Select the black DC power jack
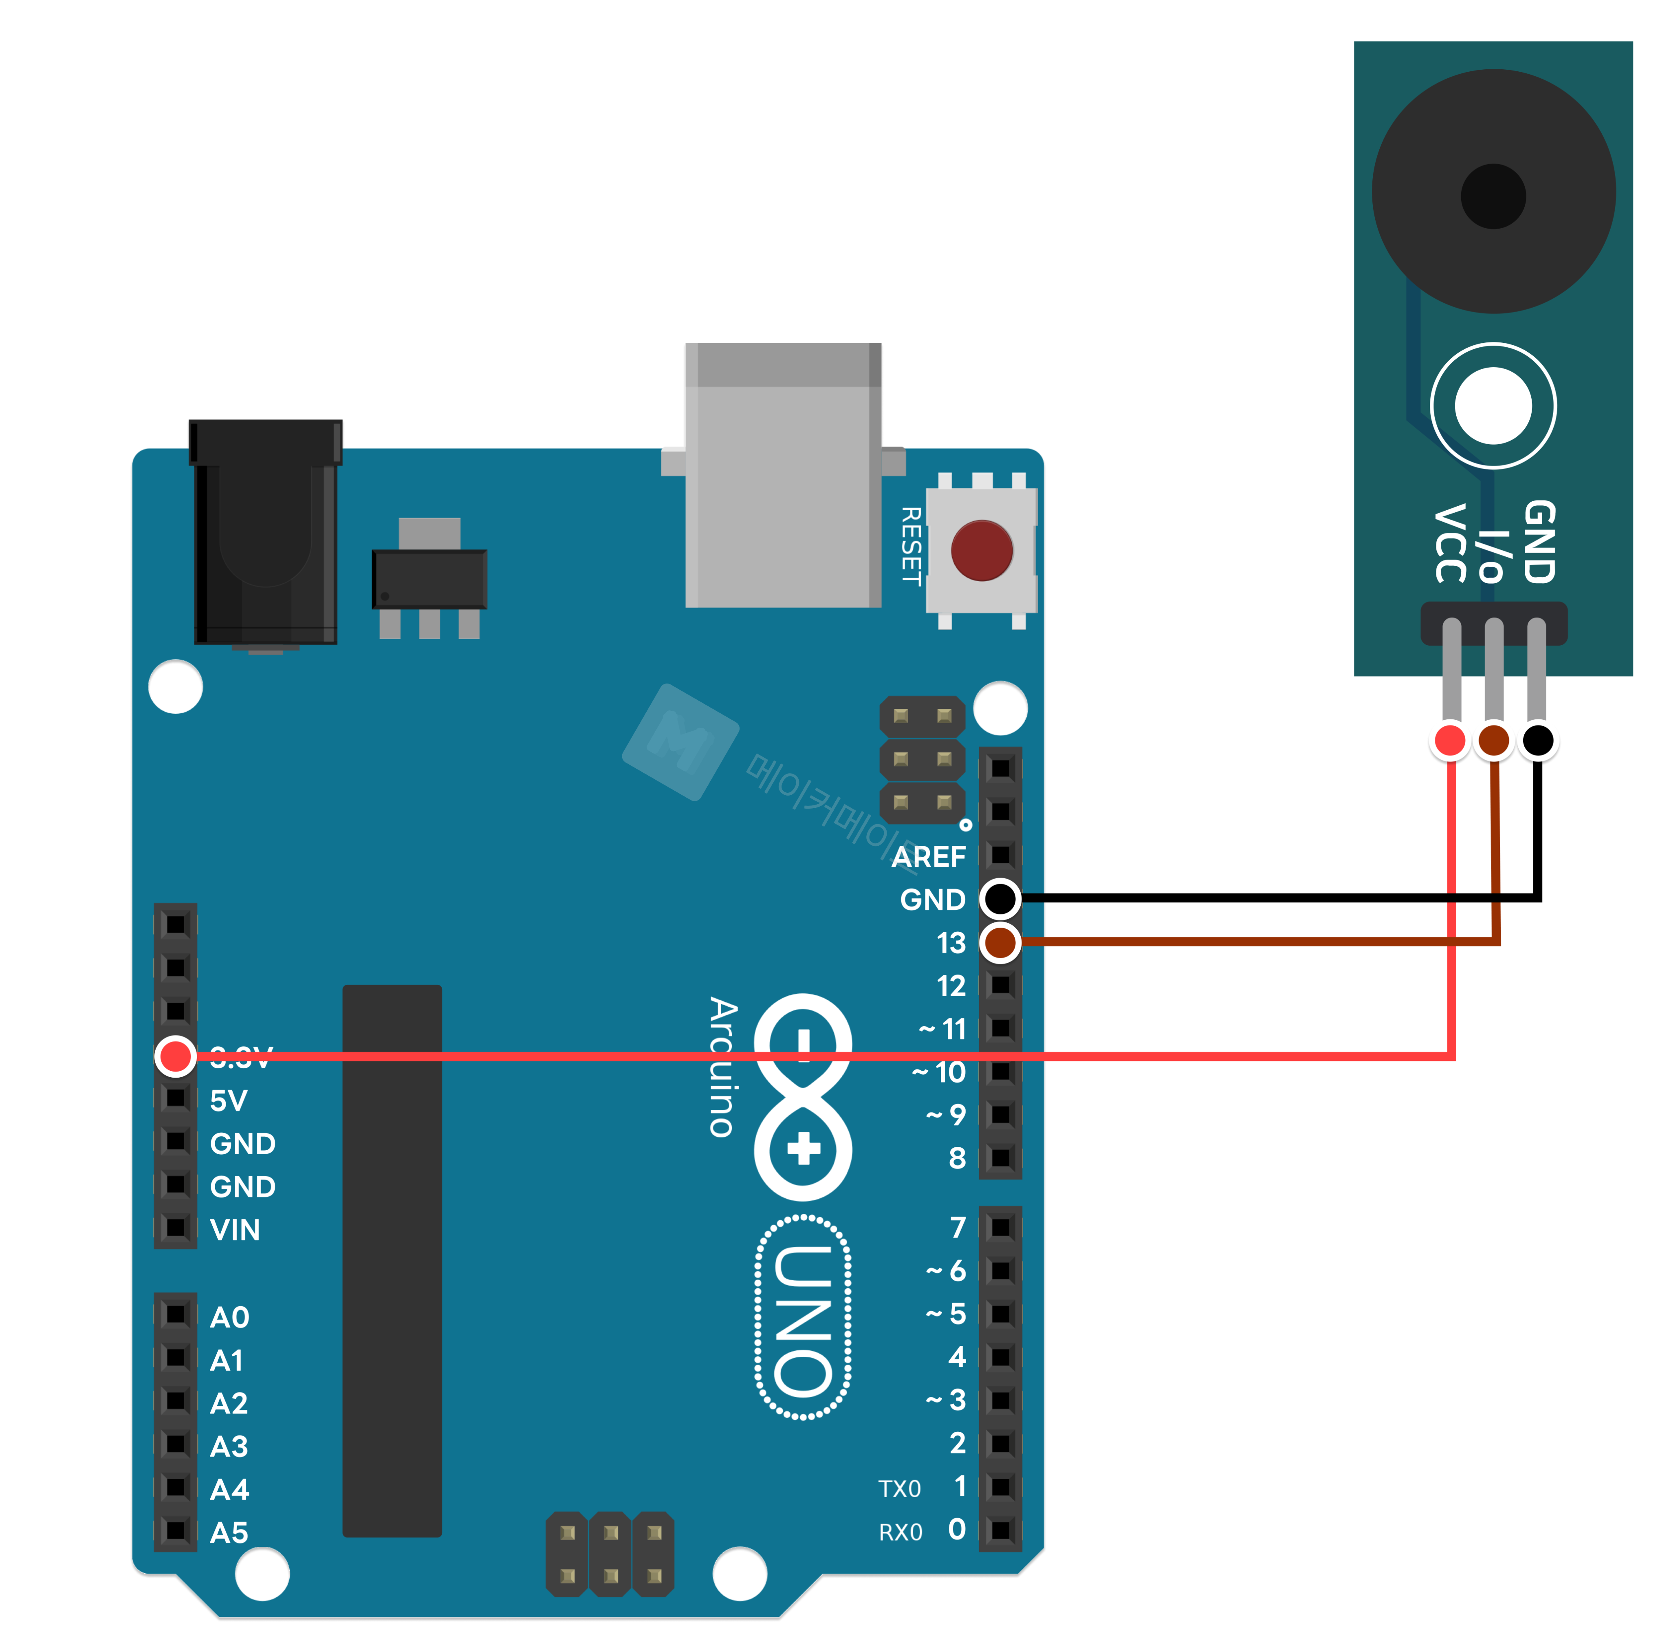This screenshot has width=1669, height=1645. click(x=265, y=531)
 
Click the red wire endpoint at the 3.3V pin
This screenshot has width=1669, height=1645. click(x=175, y=1056)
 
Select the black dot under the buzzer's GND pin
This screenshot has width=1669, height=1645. click(x=1538, y=741)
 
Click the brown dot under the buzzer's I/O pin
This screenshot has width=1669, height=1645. click(x=1494, y=741)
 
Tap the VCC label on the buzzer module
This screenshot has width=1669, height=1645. click(x=1451, y=544)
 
